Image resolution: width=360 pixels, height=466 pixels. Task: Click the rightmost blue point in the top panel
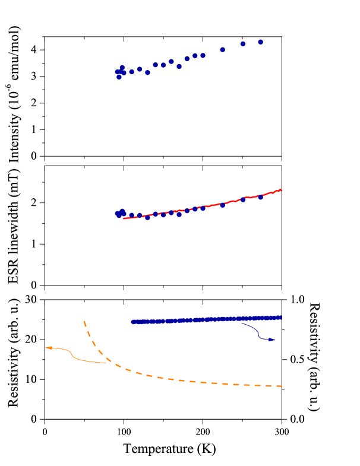(x=260, y=42)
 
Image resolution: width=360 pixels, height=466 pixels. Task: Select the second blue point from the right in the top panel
(x=243, y=44)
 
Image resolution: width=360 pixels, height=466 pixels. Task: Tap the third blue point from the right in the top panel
(x=223, y=50)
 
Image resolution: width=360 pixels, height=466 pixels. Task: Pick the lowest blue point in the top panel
(x=119, y=77)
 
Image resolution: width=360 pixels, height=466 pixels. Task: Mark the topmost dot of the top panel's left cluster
(x=122, y=68)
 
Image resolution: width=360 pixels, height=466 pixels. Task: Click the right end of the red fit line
(x=280, y=190)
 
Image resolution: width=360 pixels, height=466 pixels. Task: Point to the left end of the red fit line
(x=124, y=218)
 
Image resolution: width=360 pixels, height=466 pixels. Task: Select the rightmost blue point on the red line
(x=260, y=197)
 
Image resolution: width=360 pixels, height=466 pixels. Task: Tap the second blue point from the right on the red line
(x=243, y=199)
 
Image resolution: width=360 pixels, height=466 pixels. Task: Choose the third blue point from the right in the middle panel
(x=223, y=205)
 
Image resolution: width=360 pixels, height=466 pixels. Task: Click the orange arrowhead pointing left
(x=46, y=348)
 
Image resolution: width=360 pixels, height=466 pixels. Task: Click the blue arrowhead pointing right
(x=274, y=340)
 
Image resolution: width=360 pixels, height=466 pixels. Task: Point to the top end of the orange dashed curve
(x=84, y=321)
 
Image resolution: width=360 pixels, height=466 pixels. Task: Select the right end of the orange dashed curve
(x=281, y=386)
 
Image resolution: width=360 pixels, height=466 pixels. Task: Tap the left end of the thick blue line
(x=132, y=322)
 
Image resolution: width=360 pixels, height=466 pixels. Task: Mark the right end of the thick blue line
(x=281, y=318)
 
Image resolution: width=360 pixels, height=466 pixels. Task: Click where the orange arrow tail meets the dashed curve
(x=106, y=363)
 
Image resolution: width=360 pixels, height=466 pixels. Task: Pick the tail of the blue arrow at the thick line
(x=242, y=323)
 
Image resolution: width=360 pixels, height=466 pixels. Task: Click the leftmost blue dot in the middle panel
(x=117, y=214)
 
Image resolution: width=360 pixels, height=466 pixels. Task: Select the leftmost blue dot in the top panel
(x=117, y=72)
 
